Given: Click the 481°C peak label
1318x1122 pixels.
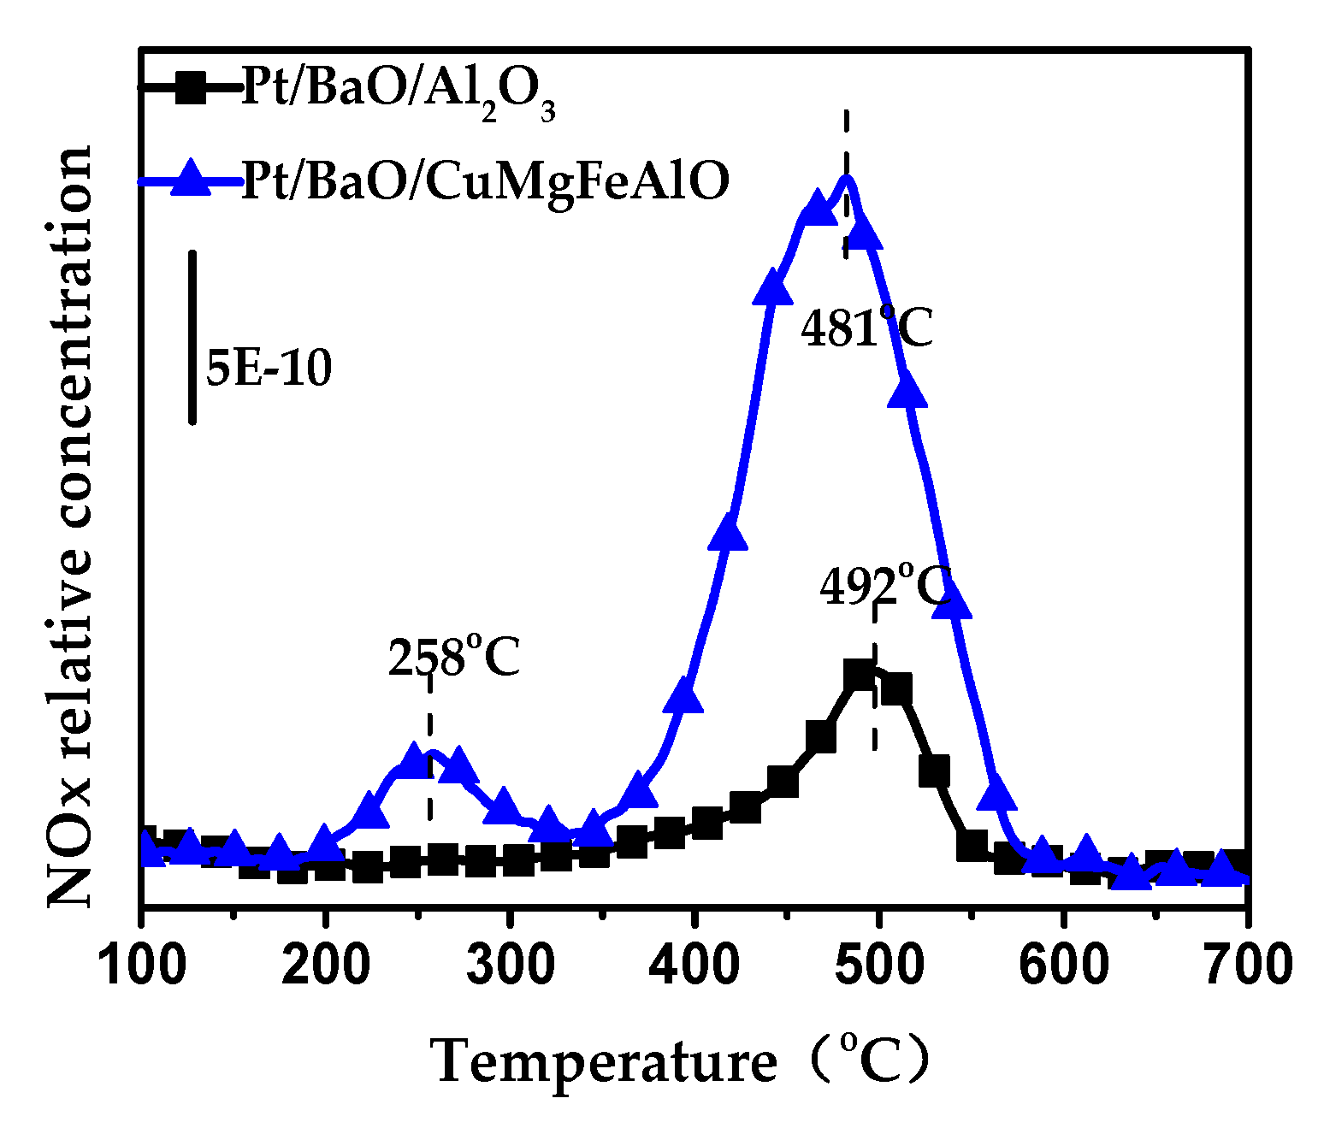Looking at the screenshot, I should (866, 328).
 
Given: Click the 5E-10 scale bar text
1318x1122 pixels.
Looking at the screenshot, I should (269, 369).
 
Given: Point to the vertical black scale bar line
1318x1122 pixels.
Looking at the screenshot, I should (192, 337).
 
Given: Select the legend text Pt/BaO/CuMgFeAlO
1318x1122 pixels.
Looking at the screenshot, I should (485, 181).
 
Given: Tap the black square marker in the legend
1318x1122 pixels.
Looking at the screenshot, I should (190, 87).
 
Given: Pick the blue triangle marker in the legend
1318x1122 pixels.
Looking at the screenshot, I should (190, 179).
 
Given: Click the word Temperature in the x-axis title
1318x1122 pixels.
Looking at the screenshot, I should (604, 1062).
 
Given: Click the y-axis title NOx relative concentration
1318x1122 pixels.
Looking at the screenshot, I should (68, 526).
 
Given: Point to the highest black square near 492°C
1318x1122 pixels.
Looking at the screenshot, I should (860, 676).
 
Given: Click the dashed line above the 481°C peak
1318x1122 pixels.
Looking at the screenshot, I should (846, 145).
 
